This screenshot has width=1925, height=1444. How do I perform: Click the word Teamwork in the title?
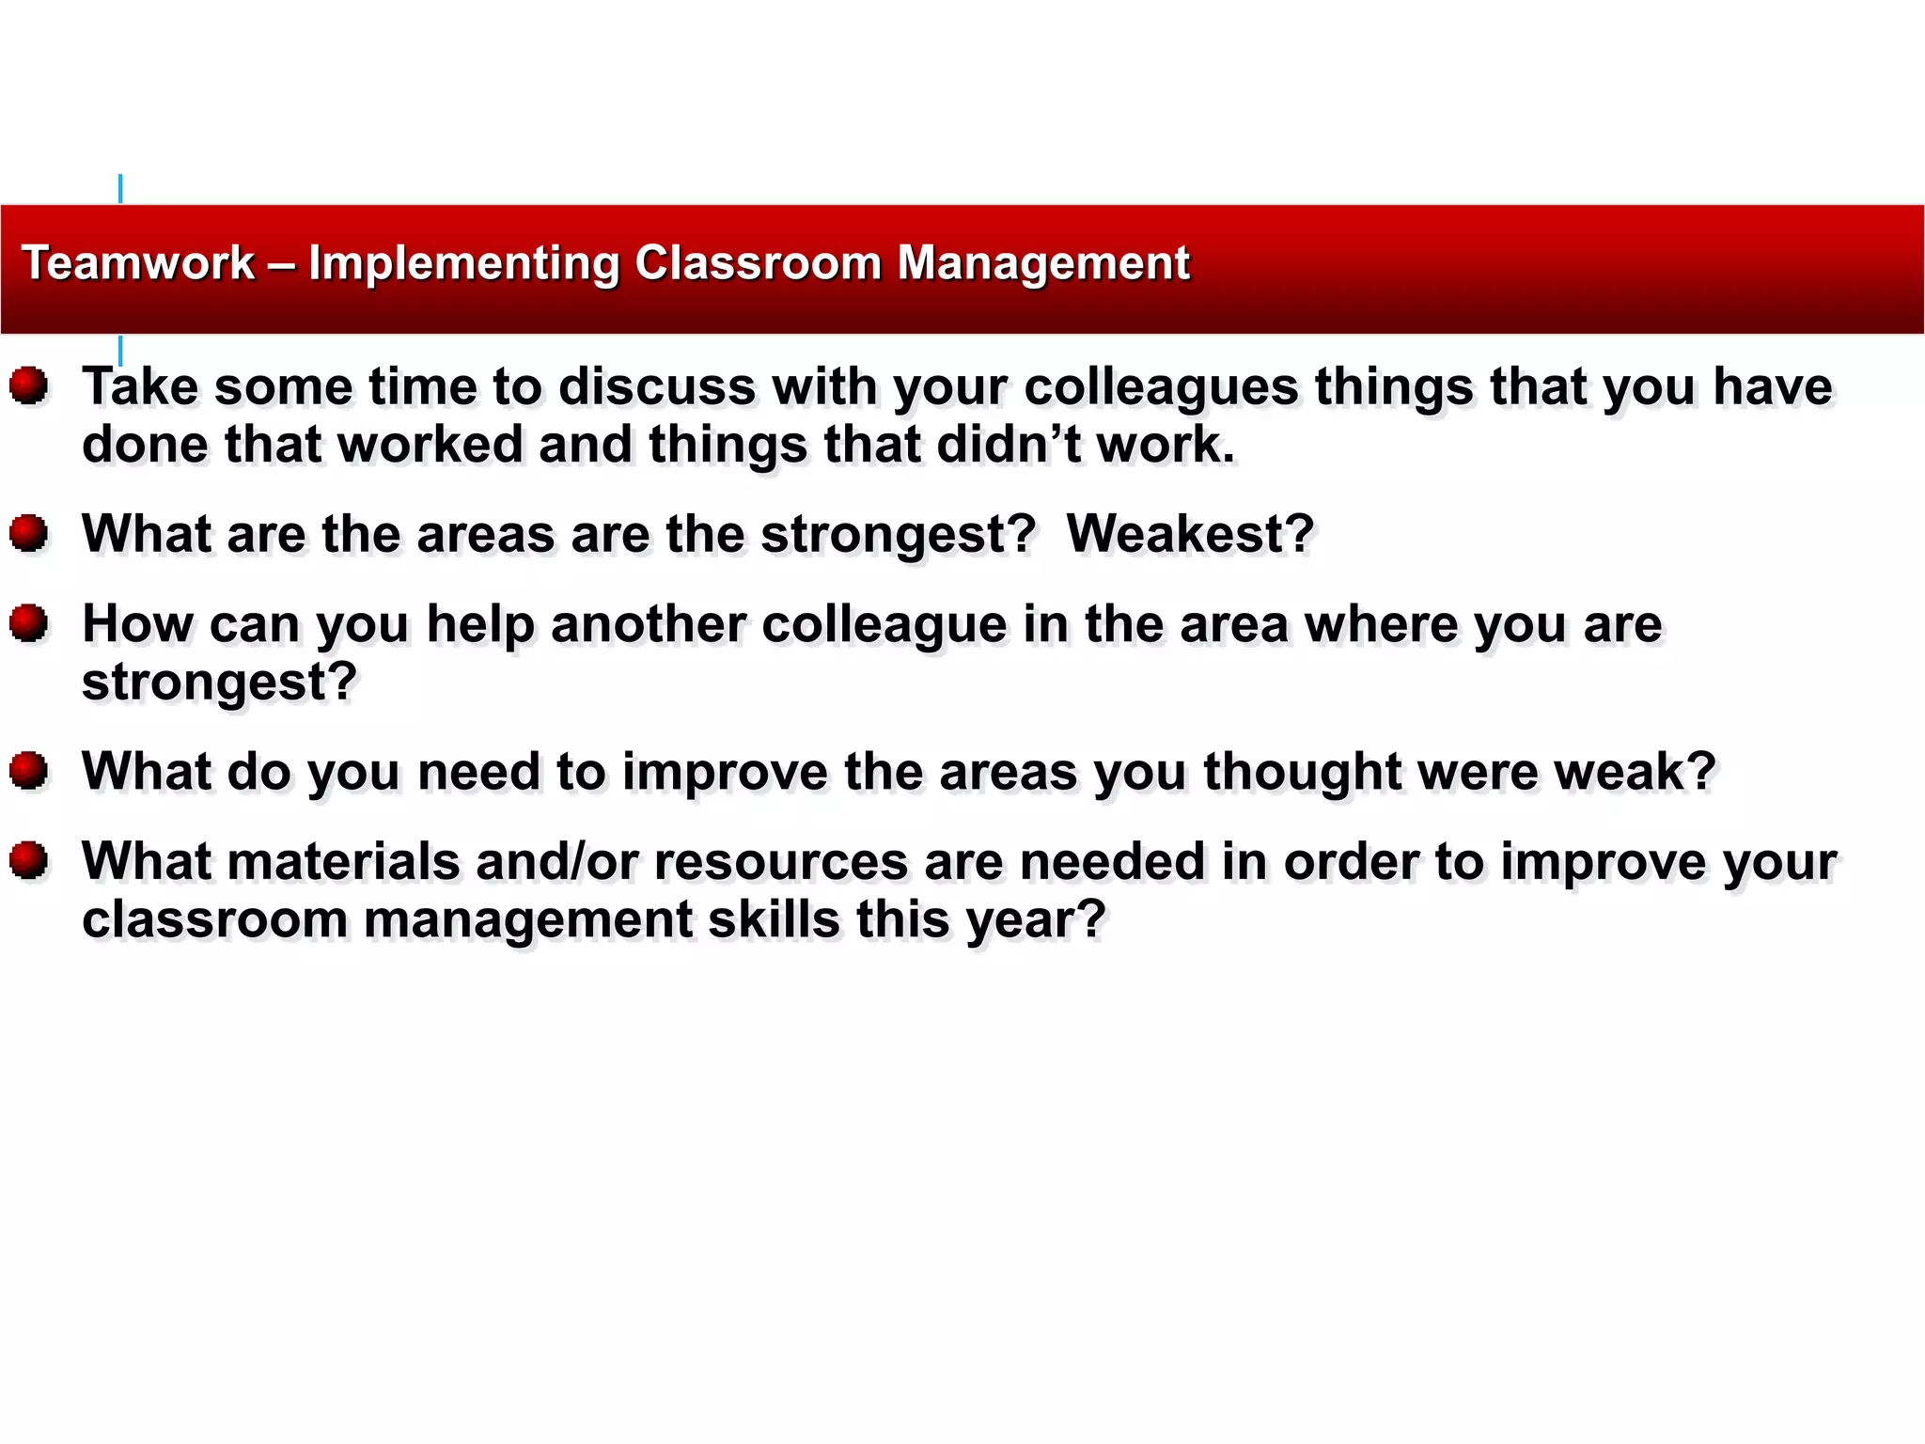138,263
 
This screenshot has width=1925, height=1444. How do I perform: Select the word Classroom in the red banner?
758,263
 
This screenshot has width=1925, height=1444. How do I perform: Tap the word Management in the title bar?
1043,263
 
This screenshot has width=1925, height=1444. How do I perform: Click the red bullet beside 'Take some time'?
29,386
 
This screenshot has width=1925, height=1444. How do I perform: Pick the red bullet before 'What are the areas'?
29,533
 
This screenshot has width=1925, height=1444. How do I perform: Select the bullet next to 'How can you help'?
29,623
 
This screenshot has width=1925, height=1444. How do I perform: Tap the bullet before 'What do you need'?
29,771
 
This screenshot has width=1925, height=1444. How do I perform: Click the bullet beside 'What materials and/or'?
29,860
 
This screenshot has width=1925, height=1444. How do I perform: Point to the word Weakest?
1190,534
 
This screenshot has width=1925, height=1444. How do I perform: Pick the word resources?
781,861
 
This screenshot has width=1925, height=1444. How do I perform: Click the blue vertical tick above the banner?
120,188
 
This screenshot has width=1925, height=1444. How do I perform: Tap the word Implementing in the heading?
464,263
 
